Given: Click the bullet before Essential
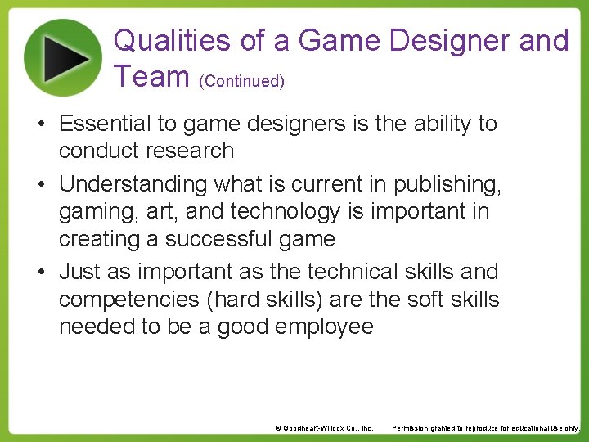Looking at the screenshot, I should [40, 124].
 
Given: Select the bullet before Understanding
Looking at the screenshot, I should [40, 185].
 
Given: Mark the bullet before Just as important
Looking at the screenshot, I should [40, 272].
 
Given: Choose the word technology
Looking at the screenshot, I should [285, 212].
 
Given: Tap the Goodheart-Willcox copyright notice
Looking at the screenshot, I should [324, 428].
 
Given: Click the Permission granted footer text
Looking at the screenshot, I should [486, 428].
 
